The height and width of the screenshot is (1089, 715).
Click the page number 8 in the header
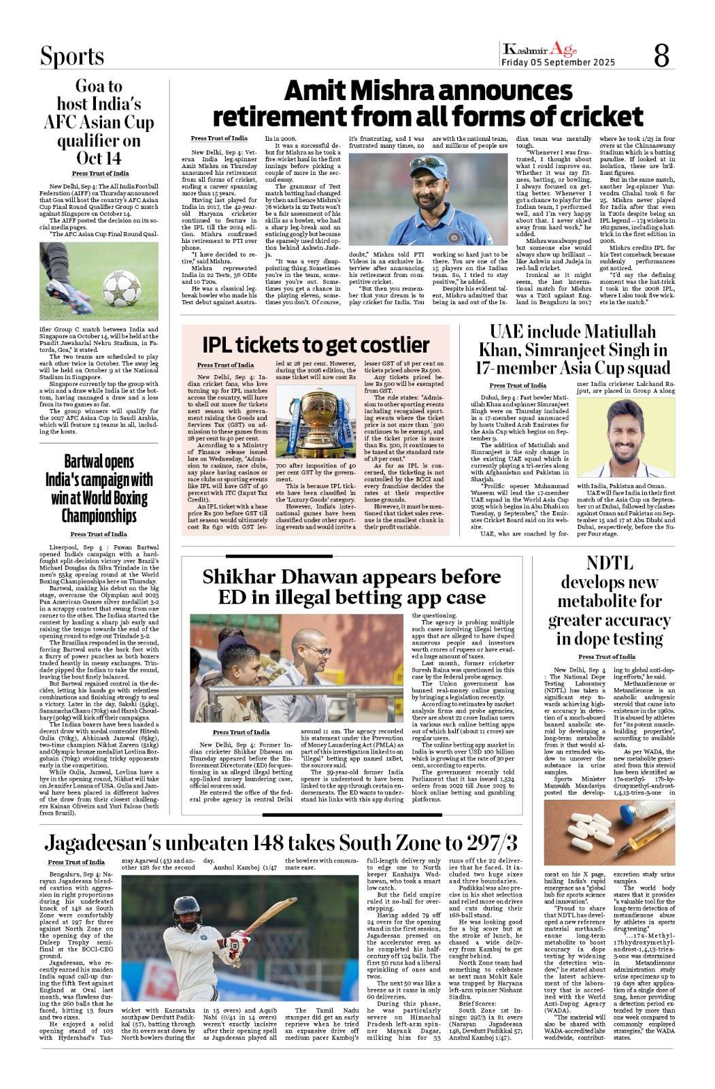point(661,54)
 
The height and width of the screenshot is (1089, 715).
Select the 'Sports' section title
point(71,56)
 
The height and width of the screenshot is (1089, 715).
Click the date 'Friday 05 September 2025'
point(558,63)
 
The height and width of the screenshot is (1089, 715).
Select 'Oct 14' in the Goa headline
point(99,158)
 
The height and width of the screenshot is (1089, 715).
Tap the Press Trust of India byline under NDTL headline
point(607,657)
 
